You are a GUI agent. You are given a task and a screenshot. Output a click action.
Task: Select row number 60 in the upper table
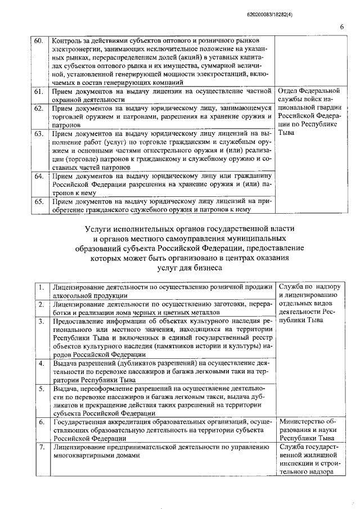click(38, 42)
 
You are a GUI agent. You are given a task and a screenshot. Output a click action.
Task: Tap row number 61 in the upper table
click(38, 91)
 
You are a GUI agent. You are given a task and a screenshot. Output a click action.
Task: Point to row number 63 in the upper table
click(38, 134)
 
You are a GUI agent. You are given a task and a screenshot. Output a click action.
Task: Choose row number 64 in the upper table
click(38, 175)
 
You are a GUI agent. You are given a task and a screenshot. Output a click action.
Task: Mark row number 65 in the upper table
click(38, 201)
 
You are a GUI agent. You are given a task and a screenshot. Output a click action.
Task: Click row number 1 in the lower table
click(41, 287)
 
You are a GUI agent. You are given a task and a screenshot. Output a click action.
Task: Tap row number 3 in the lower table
click(41, 321)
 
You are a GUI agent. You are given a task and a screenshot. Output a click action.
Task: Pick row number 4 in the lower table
click(41, 363)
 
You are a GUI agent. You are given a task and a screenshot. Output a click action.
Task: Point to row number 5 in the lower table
click(41, 389)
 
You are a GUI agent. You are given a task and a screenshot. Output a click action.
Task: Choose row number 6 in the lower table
click(41, 422)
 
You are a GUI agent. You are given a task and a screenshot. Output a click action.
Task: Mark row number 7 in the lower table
click(41, 447)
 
